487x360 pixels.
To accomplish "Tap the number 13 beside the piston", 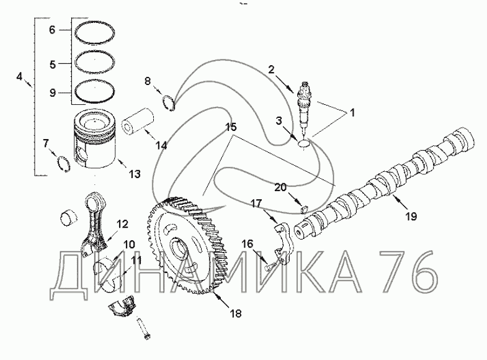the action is (x=135, y=174).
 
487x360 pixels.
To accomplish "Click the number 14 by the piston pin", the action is (x=161, y=146).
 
